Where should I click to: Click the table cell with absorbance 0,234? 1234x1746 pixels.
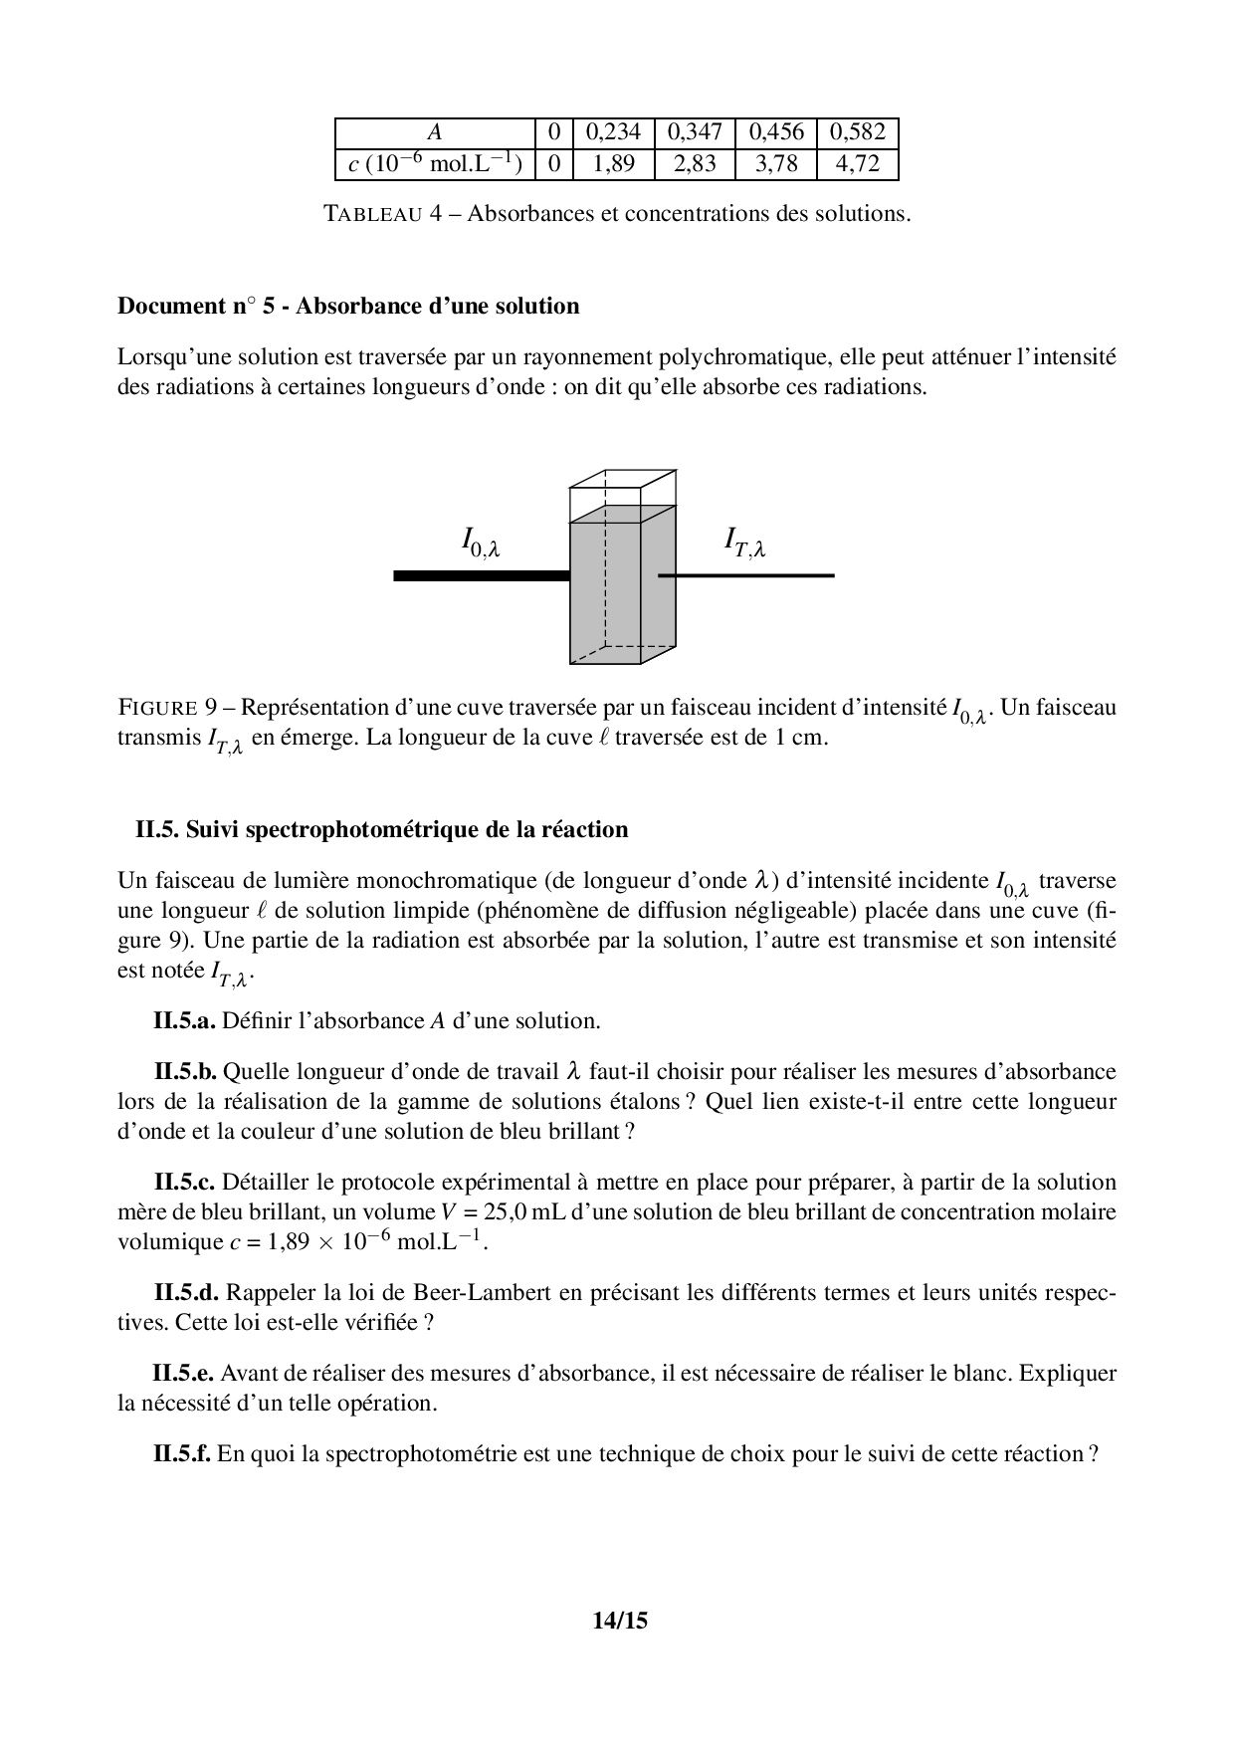(x=613, y=132)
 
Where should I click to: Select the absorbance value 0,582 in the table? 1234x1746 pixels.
(x=857, y=132)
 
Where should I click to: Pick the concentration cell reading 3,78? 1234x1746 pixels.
(x=776, y=164)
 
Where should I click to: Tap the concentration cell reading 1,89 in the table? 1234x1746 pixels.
(x=613, y=164)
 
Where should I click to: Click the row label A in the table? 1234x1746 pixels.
(x=434, y=132)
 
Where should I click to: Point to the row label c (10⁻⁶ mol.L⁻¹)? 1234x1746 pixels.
(x=435, y=164)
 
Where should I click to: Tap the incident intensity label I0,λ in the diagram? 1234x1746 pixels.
(x=480, y=542)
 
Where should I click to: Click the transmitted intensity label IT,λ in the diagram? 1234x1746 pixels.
(x=743, y=544)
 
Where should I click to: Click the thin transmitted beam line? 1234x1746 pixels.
(x=746, y=575)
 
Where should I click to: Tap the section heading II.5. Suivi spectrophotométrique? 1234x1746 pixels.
(x=382, y=829)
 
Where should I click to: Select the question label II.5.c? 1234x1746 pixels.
(x=185, y=1182)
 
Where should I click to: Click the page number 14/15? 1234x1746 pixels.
(x=619, y=1621)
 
